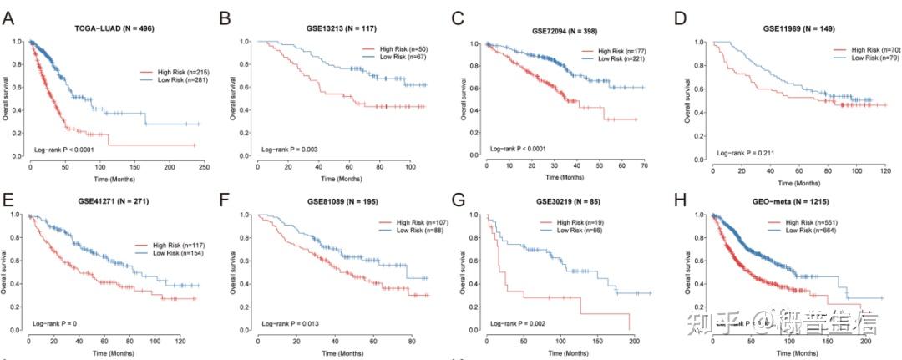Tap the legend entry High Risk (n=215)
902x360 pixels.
(164, 72)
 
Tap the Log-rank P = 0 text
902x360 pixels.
(57, 322)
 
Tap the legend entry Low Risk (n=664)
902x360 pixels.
(844, 231)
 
